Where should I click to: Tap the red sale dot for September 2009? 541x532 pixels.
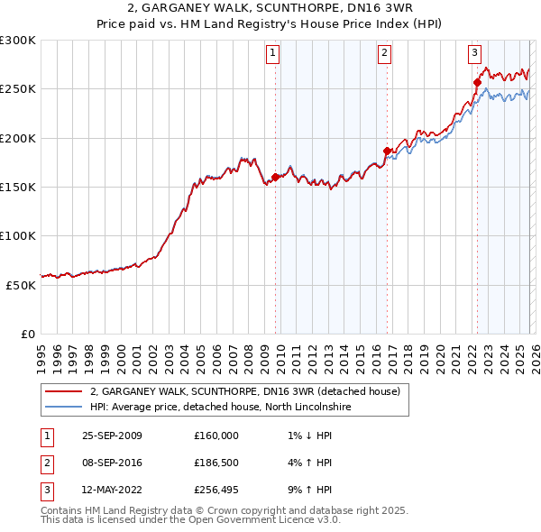point(275,177)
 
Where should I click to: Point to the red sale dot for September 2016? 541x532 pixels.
point(387,151)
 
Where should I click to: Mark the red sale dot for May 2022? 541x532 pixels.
point(477,82)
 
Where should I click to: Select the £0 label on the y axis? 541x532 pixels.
point(27,334)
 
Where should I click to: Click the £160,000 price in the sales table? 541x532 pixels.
point(215,436)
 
